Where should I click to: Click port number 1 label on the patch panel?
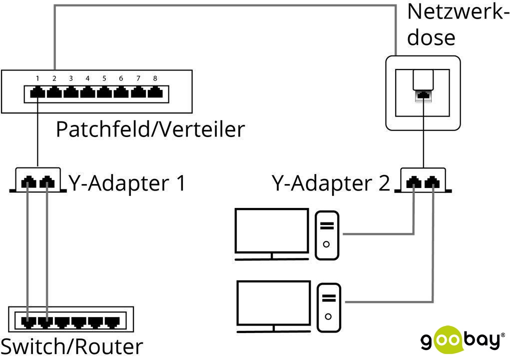37,78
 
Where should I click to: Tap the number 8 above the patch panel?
155,78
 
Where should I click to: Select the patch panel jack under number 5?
104,93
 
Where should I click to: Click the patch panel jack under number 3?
71,93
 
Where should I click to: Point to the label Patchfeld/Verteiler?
150,129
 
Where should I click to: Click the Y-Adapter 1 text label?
127,183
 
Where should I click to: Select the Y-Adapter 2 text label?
331,183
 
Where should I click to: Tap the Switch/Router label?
72,346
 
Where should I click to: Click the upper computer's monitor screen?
272,230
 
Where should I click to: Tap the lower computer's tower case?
329,307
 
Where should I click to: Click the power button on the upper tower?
327,244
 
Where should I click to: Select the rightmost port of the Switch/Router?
112,322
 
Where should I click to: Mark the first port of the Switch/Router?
28,322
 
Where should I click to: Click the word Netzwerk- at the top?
458,11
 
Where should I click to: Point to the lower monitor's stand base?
273,331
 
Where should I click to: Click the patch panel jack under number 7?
138,93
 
